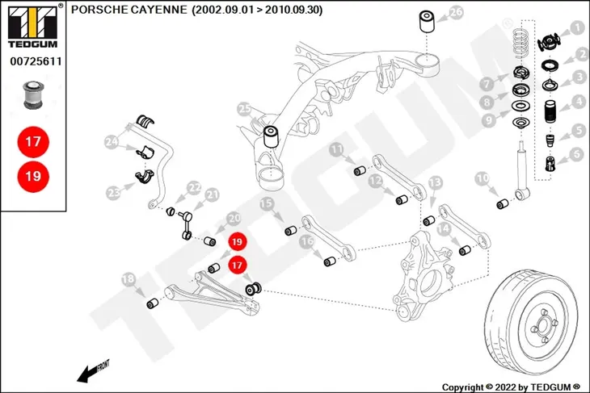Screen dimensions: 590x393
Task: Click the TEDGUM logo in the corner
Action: tap(33, 27)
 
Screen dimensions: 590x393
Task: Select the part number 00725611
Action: tap(36, 61)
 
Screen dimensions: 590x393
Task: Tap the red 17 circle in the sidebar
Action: tap(33, 142)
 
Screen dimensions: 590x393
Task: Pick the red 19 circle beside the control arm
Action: tap(237, 241)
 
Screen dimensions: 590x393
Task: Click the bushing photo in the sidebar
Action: tap(33, 94)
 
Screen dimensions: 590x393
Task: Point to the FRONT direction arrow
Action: tap(93, 370)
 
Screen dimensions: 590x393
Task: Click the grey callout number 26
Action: tap(456, 12)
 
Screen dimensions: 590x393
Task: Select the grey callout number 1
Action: tap(576, 27)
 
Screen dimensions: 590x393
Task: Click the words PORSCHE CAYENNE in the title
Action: tap(129, 10)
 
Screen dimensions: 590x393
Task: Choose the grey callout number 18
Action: tap(129, 279)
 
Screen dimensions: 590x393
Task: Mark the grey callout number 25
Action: tap(245, 109)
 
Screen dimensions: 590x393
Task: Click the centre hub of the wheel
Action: tap(543, 324)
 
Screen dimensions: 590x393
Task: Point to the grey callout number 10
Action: tap(483, 178)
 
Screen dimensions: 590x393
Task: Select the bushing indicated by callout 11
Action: tap(360, 170)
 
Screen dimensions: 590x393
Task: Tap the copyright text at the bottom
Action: tap(511, 387)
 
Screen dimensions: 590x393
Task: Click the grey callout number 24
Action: tap(112, 142)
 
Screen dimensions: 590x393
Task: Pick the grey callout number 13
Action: tap(436, 183)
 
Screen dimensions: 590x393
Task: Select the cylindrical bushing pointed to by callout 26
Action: tap(428, 22)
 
